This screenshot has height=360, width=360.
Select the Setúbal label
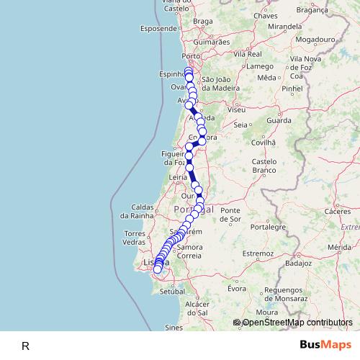[x=174, y=293]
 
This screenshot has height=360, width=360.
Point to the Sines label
[x=174, y=327]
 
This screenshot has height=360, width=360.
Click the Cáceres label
[x=338, y=212]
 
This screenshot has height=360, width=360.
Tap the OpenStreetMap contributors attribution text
[x=297, y=323]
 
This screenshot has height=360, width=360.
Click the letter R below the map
[x=25, y=346]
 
